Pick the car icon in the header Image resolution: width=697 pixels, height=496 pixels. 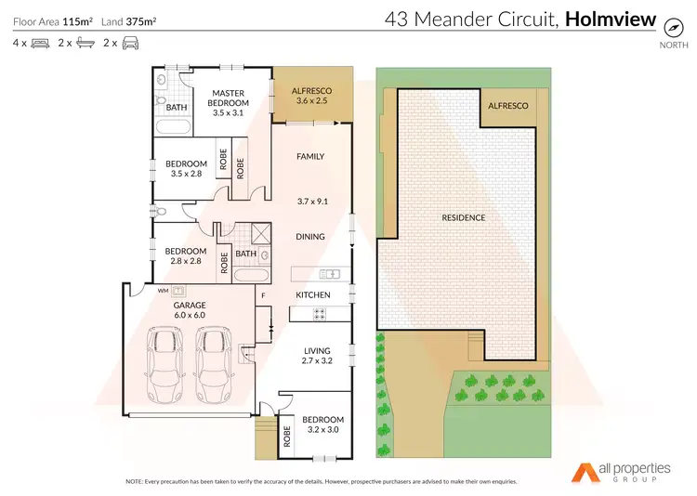tap(131, 43)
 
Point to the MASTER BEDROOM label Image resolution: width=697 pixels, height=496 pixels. tap(228, 102)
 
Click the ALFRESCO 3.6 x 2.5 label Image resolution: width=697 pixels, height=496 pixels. tap(311, 95)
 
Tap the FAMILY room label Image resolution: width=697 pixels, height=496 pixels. tap(310, 156)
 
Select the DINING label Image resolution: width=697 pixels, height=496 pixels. tap(310, 236)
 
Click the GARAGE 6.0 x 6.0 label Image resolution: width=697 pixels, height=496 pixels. tap(189, 310)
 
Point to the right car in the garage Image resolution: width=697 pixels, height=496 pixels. tap(215, 365)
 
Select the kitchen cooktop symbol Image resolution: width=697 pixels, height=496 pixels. tap(322, 313)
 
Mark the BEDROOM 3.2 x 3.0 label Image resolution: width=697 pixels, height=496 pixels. tap(322, 424)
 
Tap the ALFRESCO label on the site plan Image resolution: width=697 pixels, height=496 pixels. tap(508, 106)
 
